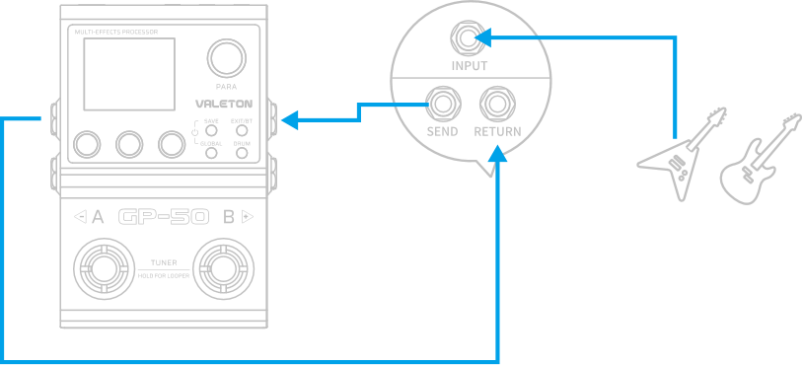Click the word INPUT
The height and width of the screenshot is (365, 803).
click(469, 66)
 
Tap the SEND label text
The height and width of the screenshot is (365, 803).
click(442, 131)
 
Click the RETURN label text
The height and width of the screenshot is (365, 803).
click(497, 131)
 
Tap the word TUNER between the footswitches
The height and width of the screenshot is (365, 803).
click(164, 262)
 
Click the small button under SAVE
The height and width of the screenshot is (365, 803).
click(211, 130)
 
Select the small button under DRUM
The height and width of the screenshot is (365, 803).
click(241, 156)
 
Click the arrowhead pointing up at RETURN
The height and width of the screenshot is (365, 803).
click(500, 155)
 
